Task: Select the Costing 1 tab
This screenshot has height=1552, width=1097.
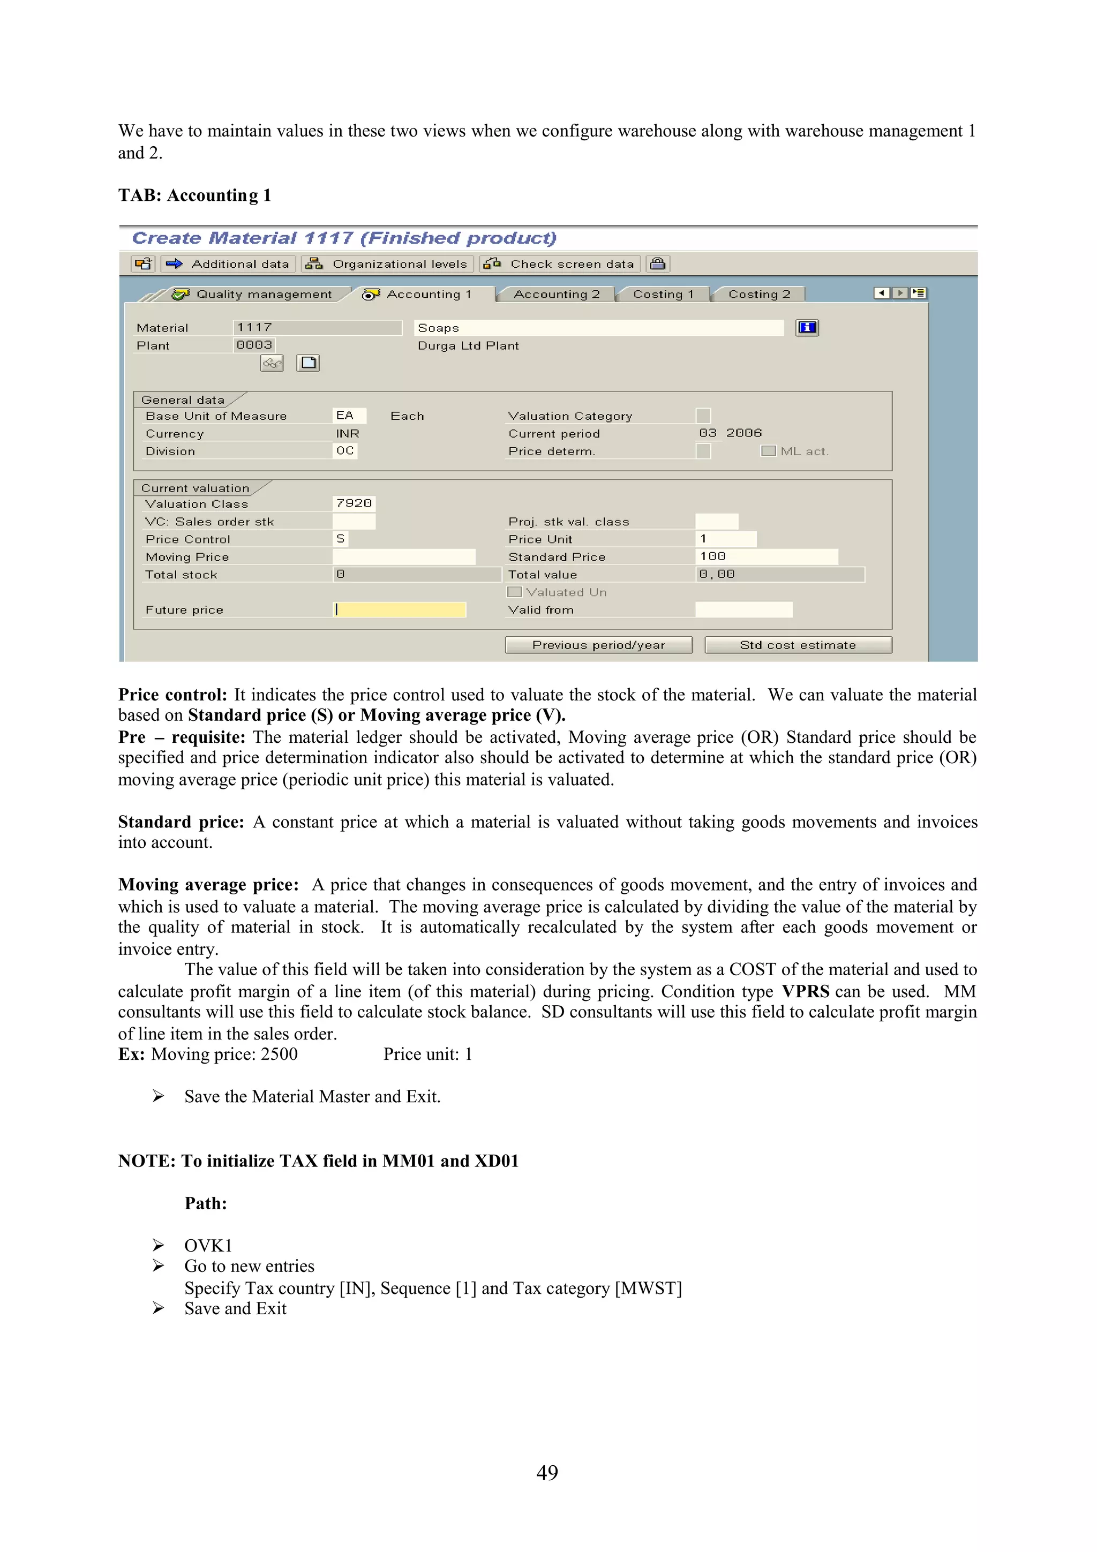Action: click(x=663, y=294)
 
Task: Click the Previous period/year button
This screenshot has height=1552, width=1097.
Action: click(x=598, y=645)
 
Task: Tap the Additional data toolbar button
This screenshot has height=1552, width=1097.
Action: click(x=229, y=263)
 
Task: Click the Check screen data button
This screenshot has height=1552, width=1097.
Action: click(x=560, y=263)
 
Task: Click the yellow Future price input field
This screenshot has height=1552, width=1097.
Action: click(x=400, y=609)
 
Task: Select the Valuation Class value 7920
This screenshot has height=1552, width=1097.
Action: click(x=354, y=503)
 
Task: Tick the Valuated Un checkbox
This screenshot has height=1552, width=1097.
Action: click(x=514, y=592)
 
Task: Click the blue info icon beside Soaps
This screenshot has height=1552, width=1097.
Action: click(x=807, y=328)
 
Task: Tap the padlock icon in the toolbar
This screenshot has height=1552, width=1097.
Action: click(x=658, y=263)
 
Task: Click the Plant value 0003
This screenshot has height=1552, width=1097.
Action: click(x=254, y=345)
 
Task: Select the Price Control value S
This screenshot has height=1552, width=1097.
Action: click(x=341, y=539)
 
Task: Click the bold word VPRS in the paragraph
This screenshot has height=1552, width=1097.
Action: click(x=805, y=992)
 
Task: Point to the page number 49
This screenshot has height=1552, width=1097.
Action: click(x=547, y=1473)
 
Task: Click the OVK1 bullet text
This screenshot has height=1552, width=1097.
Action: click(x=208, y=1245)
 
